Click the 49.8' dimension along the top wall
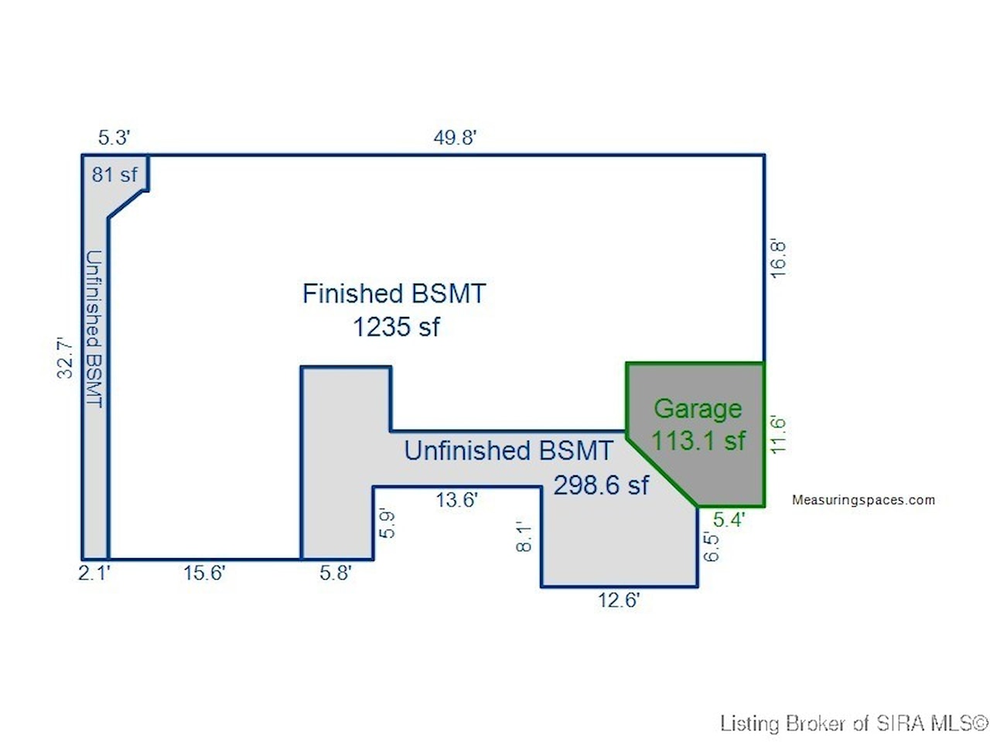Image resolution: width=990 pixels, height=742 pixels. [455, 137]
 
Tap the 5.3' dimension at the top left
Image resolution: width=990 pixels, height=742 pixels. [114, 137]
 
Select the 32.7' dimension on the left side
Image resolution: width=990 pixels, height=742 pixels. [65, 358]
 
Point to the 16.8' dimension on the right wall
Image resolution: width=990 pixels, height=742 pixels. [778, 259]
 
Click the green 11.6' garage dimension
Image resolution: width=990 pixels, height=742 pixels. [778, 434]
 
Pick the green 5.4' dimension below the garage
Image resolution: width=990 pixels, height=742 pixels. [729, 519]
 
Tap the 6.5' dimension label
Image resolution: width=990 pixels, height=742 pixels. [711, 547]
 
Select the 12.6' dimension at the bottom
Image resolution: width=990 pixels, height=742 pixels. [619, 600]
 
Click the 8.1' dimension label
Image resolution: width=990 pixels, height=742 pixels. [524, 536]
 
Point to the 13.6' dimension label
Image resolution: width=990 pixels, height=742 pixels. [456, 499]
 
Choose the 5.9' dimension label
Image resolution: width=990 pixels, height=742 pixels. [387, 524]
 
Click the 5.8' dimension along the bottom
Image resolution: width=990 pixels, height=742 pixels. [336, 573]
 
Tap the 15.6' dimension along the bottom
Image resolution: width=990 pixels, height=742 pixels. [204, 573]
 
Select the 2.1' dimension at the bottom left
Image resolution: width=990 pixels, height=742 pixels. [94, 573]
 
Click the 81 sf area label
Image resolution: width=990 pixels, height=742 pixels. [114, 175]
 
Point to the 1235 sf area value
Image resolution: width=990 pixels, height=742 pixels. [396, 326]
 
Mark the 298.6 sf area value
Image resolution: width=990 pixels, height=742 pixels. [601, 485]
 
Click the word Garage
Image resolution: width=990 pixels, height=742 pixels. [698, 409]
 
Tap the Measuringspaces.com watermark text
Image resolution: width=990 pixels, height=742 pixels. [863, 499]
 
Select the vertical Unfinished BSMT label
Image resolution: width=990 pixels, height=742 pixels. [94, 329]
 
